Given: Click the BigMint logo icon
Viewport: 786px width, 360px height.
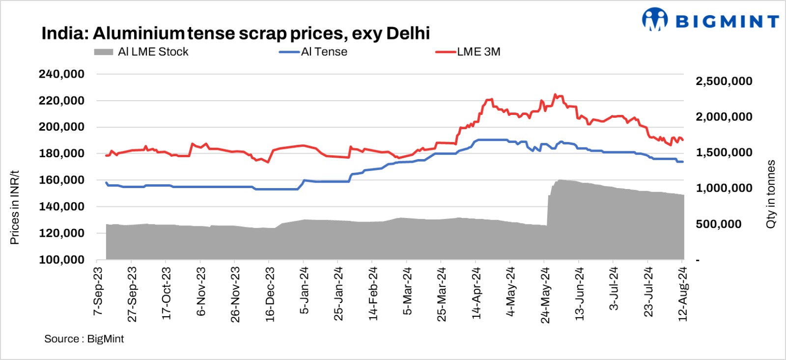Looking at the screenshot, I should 654,20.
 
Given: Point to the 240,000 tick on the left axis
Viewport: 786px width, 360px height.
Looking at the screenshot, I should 62,74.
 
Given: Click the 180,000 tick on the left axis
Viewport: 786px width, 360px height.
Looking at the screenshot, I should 62,154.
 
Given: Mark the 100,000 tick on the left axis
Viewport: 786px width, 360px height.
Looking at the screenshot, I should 62,260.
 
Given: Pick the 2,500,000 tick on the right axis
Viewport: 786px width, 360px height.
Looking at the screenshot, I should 724,82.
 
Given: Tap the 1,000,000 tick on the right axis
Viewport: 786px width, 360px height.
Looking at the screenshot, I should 724,189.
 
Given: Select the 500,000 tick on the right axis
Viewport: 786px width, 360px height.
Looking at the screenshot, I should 718,224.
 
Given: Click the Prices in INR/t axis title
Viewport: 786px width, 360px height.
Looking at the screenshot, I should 15,207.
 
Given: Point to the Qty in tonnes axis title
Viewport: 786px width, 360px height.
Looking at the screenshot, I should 771,194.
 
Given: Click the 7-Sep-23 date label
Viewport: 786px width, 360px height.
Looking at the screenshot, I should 98,292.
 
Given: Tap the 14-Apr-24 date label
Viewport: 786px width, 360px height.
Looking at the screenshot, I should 476,293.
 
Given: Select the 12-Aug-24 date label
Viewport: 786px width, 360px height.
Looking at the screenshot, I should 683,294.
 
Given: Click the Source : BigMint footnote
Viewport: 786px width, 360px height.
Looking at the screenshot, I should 84,339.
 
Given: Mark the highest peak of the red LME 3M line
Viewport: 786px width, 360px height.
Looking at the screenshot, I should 555,94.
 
